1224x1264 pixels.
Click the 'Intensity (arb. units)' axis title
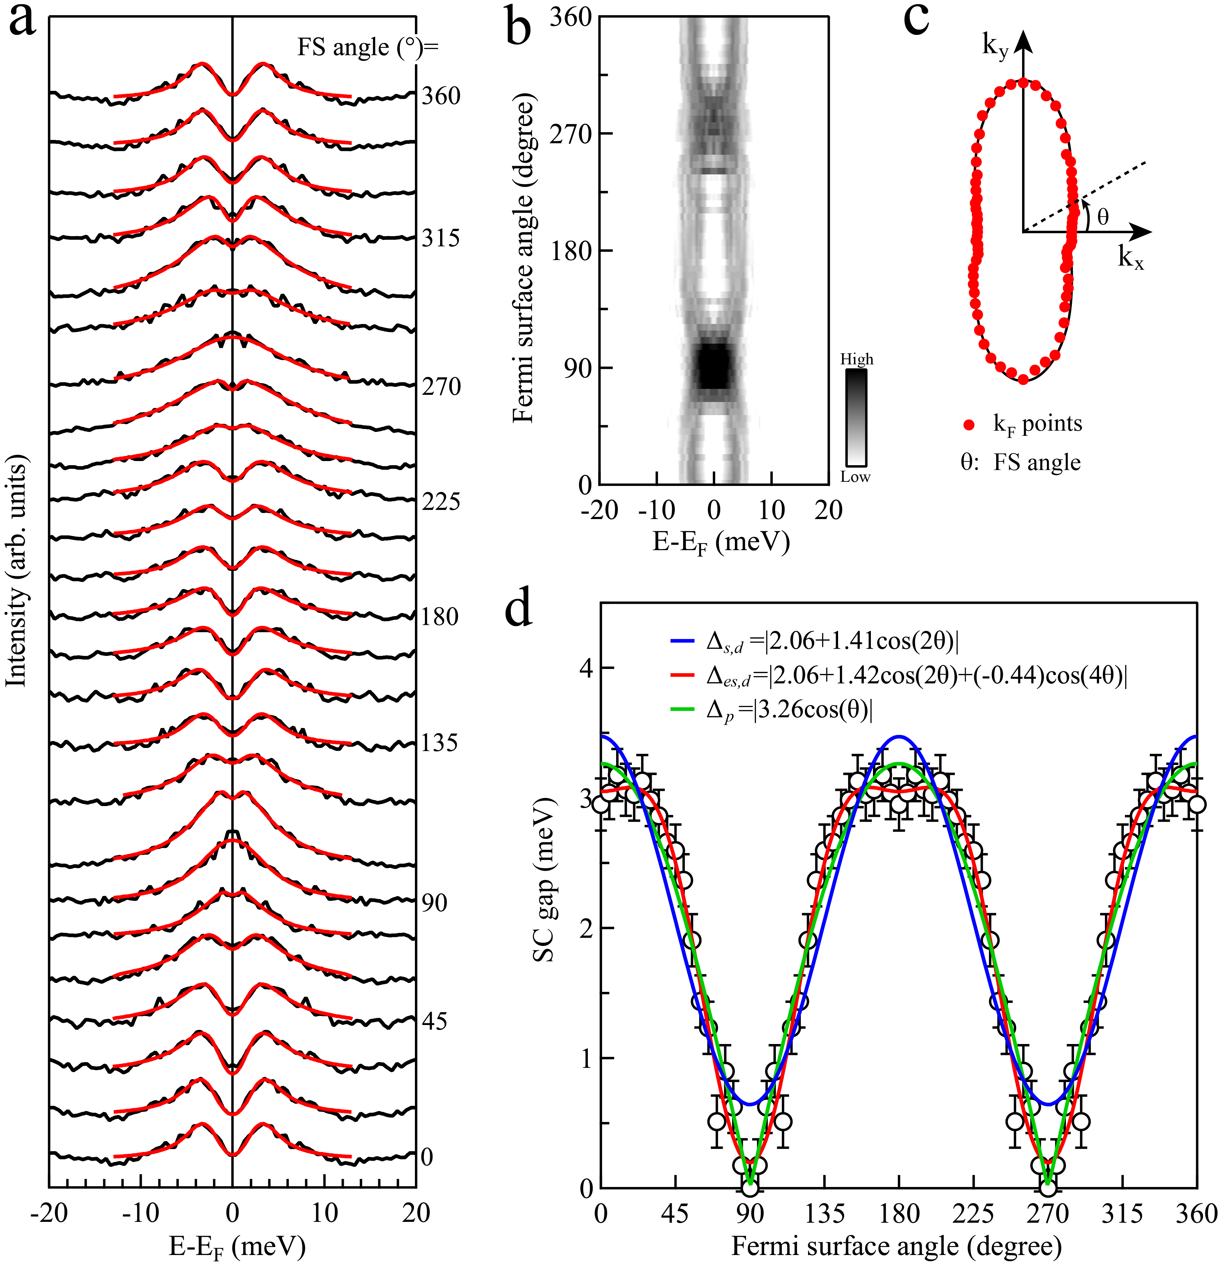(x=17, y=571)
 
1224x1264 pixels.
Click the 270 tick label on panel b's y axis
(x=571, y=134)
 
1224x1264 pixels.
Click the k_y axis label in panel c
(x=994, y=46)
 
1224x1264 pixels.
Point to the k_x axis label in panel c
(x=1130, y=258)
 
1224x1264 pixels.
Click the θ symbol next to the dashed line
(x=1103, y=217)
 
